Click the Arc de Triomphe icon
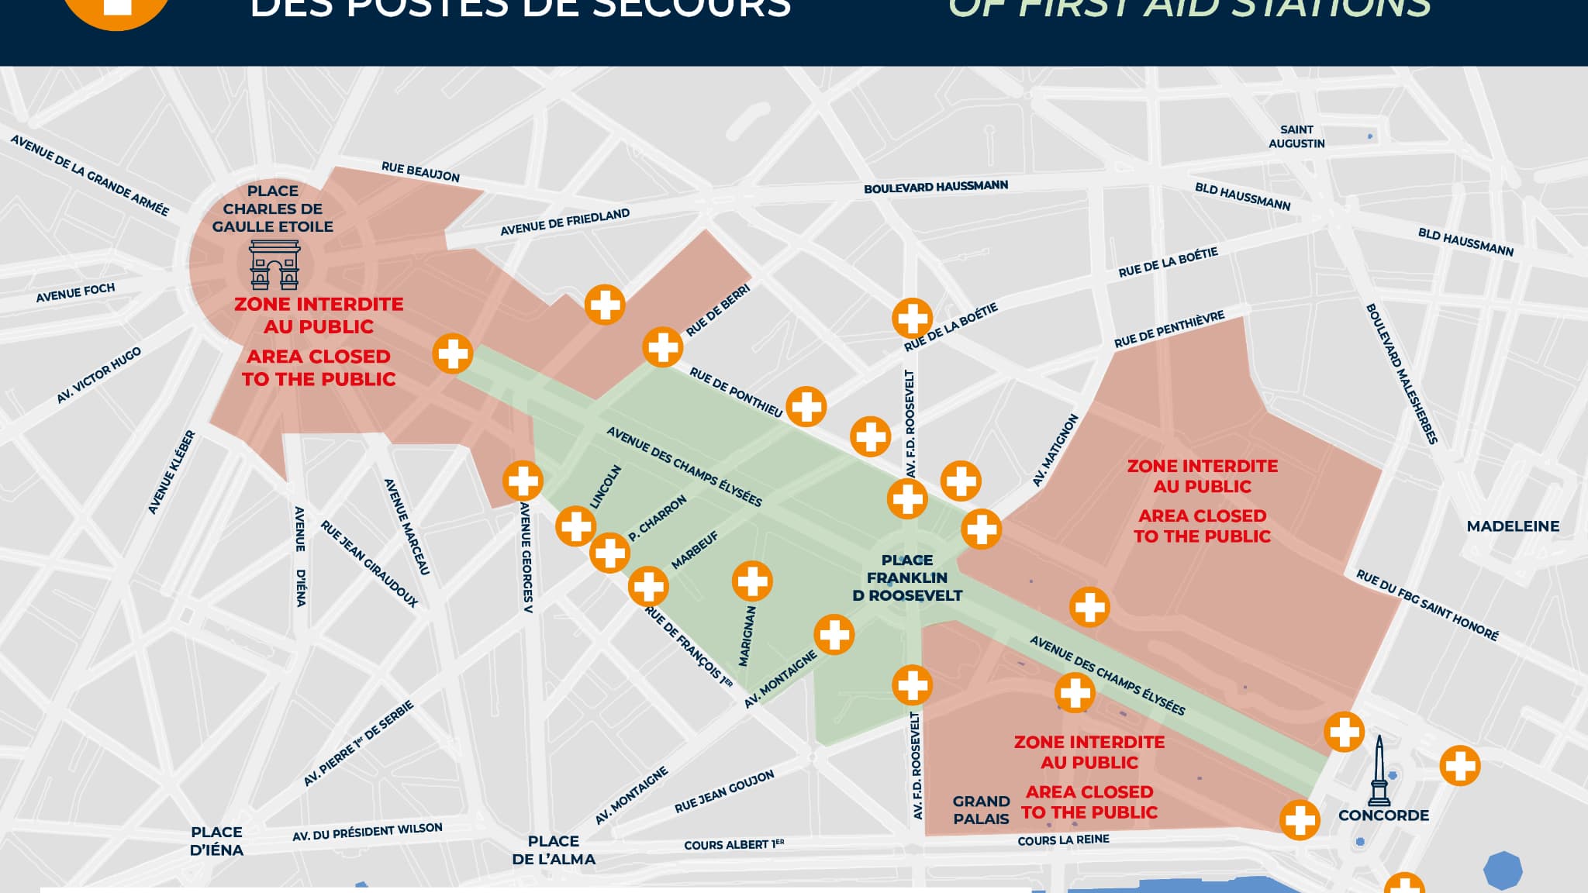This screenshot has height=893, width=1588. (x=274, y=265)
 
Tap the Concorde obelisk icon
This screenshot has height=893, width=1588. (x=1379, y=771)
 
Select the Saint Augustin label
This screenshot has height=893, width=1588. (x=1296, y=136)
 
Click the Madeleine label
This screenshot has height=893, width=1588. (x=1513, y=526)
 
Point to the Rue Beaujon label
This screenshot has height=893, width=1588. (x=420, y=172)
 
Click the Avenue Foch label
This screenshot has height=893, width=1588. (x=75, y=292)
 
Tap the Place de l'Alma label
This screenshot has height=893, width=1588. (x=554, y=850)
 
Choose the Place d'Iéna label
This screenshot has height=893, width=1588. (x=216, y=841)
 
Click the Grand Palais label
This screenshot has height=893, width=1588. (x=981, y=810)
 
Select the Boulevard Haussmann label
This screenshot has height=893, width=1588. (x=936, y=187)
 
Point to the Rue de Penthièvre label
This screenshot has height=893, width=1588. (x=1169, y=329)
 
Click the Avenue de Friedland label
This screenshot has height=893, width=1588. (x=564, y=222)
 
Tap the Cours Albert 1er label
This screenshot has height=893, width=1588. (x=734, y=844)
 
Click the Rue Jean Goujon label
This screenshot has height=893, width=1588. (x=724, y=792)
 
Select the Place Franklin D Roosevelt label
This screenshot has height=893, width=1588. (x=907, y=578)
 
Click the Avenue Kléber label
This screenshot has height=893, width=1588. (x=171, y=472)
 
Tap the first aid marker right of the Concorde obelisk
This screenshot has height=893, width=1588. (x=1459, y=766)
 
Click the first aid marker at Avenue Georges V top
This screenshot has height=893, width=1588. (x=523, y=481)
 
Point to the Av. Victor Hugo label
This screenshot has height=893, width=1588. (x=98, y=375)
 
